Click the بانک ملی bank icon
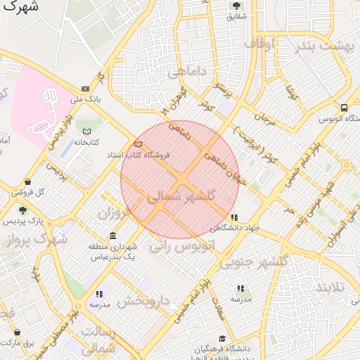[x=86, y=89]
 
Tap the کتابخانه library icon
[x=86, y=131]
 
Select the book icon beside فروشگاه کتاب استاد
[x=138, y=144]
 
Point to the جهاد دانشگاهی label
[x=234, y=228]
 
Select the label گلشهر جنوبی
[x=255, y=262]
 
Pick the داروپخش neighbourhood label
[x=143, y=302]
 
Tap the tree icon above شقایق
[x=236, y=6]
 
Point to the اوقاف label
[x=259, y=44]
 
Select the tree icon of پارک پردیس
[x=23, y=210]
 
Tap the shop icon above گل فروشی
[x=27, y=181]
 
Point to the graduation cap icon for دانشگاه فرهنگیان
[x=222, y=339]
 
